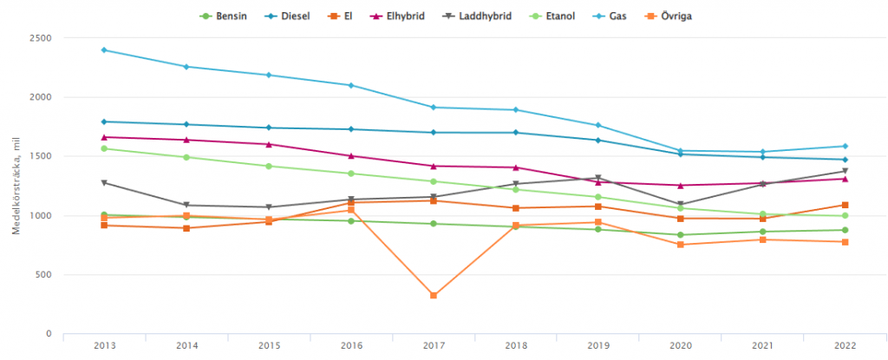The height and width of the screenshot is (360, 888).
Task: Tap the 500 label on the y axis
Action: [43, 275]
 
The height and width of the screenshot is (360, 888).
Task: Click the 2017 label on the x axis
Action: [433, 345]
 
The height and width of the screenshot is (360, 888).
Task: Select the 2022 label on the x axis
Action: [844, 345]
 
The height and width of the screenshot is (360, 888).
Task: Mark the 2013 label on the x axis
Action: [104, 345]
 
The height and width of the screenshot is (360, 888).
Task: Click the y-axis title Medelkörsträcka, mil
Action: [15, 186]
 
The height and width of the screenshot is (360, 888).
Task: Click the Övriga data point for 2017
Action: [433, 296]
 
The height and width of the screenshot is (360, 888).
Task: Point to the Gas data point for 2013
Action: [104, 49]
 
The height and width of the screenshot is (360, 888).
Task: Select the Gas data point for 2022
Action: [844, 146]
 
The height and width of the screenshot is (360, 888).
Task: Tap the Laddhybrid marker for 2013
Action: [104, 183]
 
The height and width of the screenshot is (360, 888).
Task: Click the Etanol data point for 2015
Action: [269, 166]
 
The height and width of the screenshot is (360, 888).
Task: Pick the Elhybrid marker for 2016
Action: [351, 156]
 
